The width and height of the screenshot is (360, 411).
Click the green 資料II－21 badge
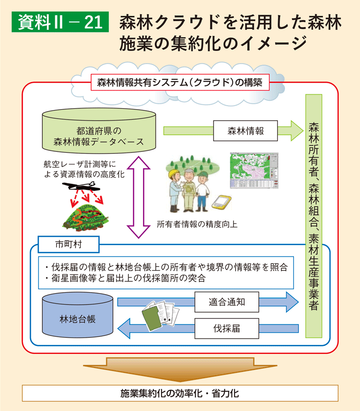click(x=57, y=23)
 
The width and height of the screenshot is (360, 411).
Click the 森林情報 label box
click(x=245, y=131)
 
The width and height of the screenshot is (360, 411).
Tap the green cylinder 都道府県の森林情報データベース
click(x=99, y=133)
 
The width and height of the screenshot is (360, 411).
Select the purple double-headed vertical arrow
click(x=139, y=196)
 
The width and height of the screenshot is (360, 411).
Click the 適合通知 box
click(x=227, y=302)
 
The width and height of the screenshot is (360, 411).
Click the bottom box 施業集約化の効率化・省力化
click(x=180, y=393)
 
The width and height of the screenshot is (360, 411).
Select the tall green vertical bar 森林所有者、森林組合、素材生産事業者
click(x=313, y=215)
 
